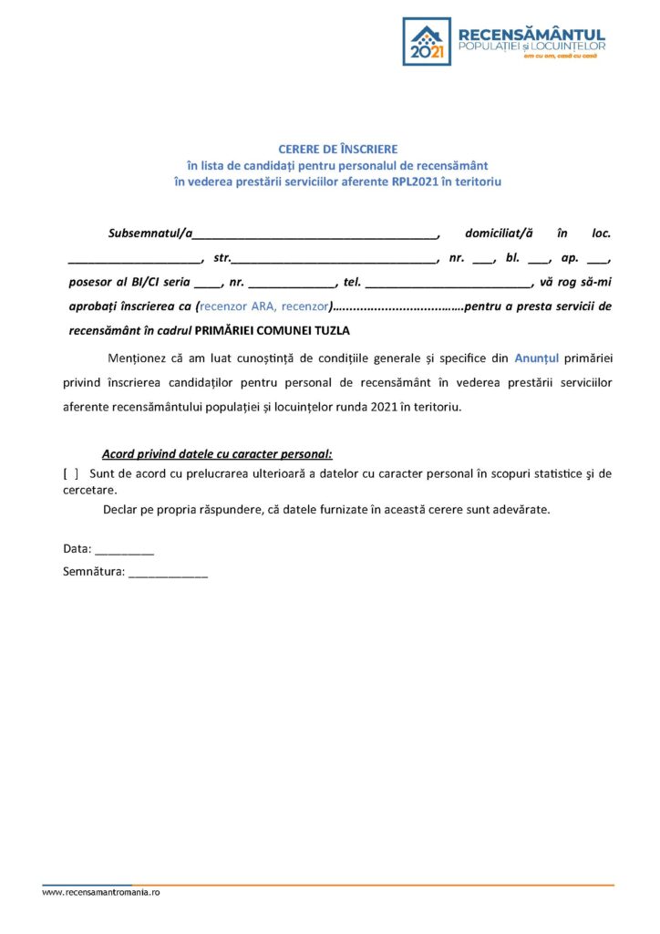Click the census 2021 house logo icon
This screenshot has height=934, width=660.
427,41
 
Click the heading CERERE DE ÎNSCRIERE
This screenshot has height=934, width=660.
337,149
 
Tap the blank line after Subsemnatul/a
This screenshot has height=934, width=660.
315,234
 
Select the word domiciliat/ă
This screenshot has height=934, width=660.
499,233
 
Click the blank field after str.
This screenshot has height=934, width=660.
335,259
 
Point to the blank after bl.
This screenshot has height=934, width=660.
539,259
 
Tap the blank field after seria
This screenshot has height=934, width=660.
208,283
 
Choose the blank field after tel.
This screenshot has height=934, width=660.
447,283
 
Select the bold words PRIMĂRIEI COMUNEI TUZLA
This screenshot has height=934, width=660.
273,330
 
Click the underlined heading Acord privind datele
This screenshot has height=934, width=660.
217,453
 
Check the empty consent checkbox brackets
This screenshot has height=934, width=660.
70,473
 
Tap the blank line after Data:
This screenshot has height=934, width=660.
124,550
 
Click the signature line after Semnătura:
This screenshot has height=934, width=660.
168,575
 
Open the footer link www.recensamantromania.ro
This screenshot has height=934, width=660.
100,892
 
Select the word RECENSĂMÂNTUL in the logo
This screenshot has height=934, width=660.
533,34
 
